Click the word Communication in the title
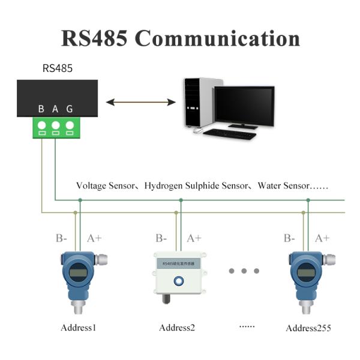click(217, 38)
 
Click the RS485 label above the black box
click(58, 68)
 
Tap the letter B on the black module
click(41, 109)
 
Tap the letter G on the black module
click(70, 109)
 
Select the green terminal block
click(56, 127)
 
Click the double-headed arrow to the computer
click(141, 103)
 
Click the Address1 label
click(78, 328)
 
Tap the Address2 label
click(177, 328)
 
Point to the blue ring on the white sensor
click(178, 280)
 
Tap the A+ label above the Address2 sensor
click(194, 238)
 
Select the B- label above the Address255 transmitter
click(289, 238)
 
